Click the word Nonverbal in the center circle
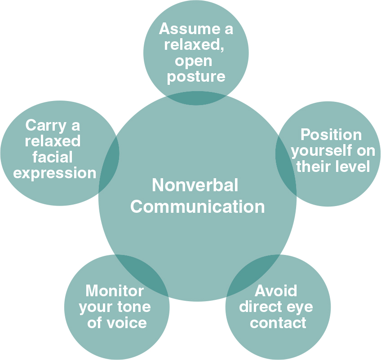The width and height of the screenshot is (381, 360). click(195, 185)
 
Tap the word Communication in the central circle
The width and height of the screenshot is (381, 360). click(198, 206)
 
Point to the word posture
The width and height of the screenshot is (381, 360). click(196, 76)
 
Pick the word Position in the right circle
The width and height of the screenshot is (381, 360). click(331, 135)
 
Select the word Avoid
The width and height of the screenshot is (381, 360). click(276, 291)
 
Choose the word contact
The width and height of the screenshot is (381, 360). click(278, 322)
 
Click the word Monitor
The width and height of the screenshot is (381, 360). click(115, 291)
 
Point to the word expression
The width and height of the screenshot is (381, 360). click(55, 173)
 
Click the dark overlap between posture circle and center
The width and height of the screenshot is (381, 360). click(196, 97)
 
